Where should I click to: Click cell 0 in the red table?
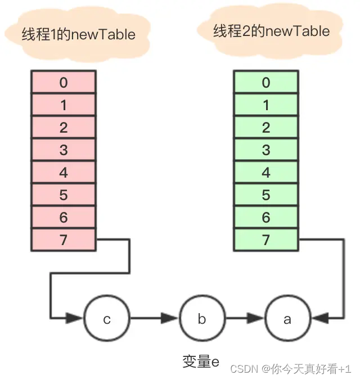63,83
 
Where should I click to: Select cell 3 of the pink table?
63,150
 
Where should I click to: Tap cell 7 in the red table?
63,240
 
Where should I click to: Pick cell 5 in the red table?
63,195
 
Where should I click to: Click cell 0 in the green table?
266,83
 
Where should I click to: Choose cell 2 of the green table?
266,128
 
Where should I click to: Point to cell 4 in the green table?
266,173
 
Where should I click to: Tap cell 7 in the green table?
266,240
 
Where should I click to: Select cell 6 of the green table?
266,218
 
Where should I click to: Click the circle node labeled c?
107,319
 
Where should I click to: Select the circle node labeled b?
202,319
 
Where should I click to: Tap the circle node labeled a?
287,319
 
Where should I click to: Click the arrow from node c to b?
154,319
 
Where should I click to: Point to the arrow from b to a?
245,319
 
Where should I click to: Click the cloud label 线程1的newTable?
79,34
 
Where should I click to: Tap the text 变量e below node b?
200,361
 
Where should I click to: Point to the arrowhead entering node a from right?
318,319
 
